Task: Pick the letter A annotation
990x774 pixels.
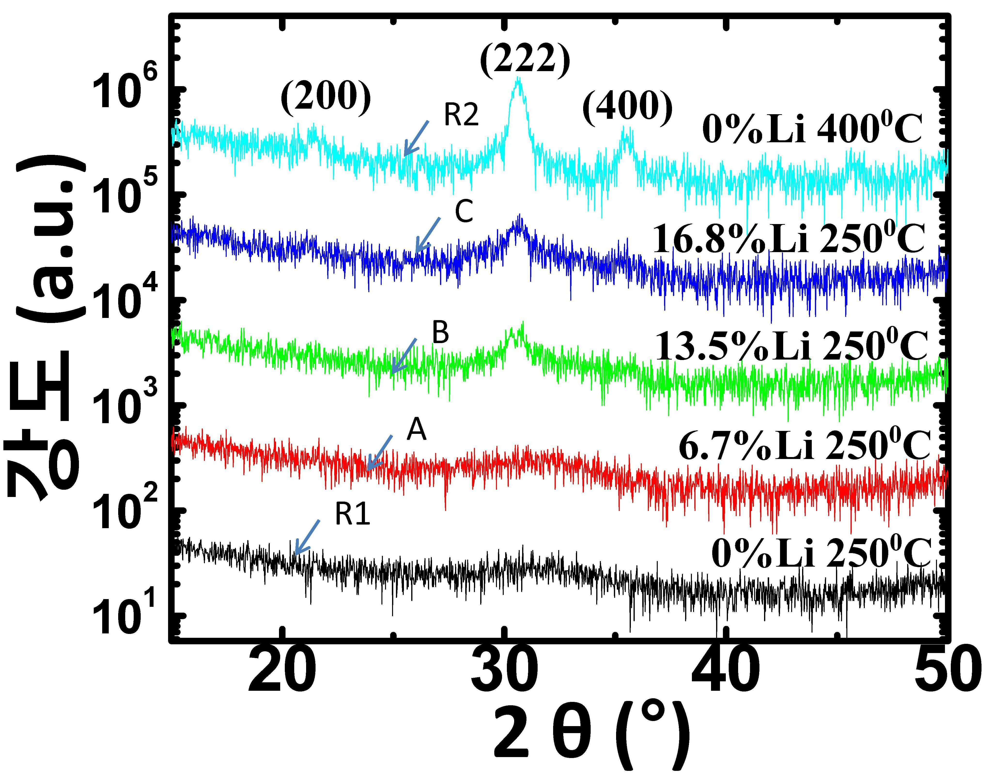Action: tap(416, 430)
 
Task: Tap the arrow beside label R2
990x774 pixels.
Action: tap(416, 138)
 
